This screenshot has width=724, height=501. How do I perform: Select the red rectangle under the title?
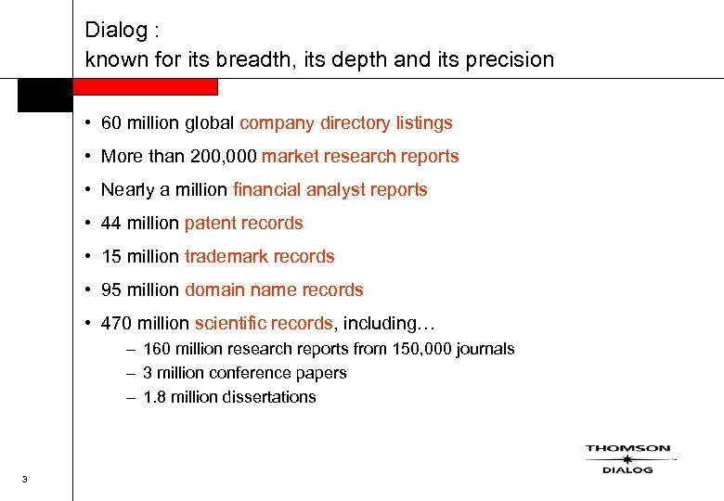(x=145, y=86)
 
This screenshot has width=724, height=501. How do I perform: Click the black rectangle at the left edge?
(x=44, y=96)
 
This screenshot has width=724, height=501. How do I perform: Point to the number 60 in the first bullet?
(x=111, y=123)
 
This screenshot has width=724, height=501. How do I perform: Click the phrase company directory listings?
(x=345, y=123)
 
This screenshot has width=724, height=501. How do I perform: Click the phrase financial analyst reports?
(x=330, y=190)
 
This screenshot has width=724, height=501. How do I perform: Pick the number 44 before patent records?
(x=111, y=224)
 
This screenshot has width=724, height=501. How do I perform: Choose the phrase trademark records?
(x=259, y=257)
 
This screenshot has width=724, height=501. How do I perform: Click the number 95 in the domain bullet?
(x=111, y=290)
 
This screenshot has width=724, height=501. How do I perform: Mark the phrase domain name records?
(x=274, y=290)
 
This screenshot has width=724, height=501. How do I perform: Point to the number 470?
(x=117, y=324)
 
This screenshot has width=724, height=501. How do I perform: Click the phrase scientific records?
(x=263, y=324)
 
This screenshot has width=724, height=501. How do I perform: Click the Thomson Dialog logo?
(x=627, y=458)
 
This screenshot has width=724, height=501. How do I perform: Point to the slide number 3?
(x=23, y=479)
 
